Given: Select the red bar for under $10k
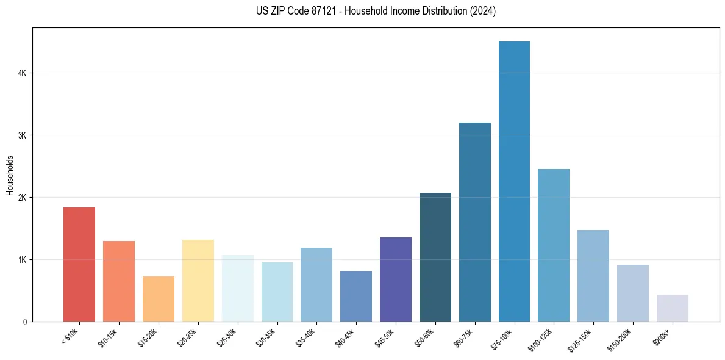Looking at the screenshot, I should (79, 265).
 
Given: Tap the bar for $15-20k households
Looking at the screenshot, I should (159, 299).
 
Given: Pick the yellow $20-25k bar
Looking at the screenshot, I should (198, 281).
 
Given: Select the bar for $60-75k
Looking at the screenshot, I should (475, 222).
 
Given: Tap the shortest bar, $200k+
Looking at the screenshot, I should (673, 308).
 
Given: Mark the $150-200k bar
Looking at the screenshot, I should (633, 293).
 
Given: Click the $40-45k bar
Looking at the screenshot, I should (356, 296).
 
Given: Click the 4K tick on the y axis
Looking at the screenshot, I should (22, 73).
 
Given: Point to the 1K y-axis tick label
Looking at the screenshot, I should (22, 259).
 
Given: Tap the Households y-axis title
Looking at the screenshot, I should (10, 175).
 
